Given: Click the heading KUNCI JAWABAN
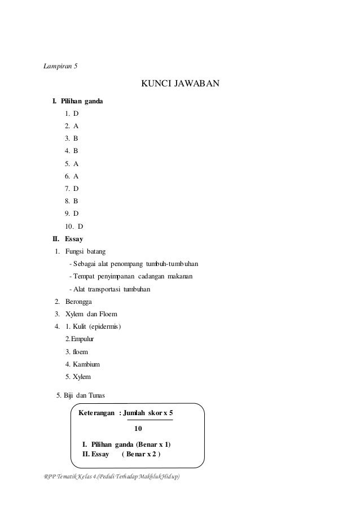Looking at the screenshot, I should click(179, 85).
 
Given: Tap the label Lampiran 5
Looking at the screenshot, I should click(61, 66).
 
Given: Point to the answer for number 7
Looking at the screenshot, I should click(76, 189).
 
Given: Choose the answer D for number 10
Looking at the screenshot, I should click(80, 226).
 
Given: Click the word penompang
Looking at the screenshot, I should click(127, 264).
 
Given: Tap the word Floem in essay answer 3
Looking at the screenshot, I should click(108, 314).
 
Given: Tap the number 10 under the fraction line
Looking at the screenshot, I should click(138, 428).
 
